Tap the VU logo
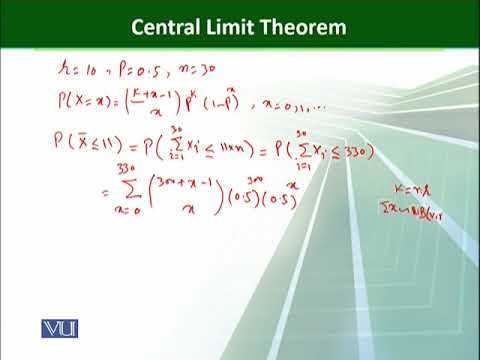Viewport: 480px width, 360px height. (60, 328)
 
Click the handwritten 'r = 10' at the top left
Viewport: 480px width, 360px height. (76, 72)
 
